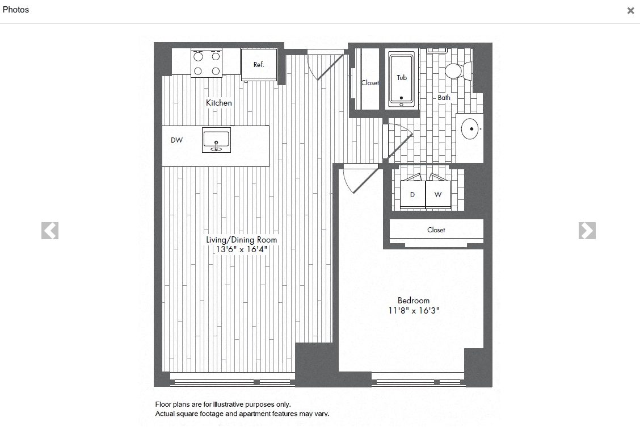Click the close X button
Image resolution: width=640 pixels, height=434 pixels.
click(x=630, y=11)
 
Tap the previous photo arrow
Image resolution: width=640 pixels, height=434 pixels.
click(x=50, y=231)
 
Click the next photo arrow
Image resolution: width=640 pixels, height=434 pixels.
click(x=587, y=231)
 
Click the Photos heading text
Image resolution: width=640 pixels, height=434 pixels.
click(x=16, y=10)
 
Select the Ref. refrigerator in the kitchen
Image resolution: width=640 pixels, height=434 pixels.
click(x=259, y=64)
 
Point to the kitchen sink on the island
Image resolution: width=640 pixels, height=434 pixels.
click(x=216, y=140)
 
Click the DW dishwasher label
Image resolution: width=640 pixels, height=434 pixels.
click(x=177, y=140)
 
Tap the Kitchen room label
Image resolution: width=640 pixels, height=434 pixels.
click(x=219, y=103)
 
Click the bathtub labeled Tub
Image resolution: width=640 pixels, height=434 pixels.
click(x=402, y=79)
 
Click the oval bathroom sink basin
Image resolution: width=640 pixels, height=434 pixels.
click(x=470, y=129)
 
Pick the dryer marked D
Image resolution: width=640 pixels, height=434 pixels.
click(x=412, y=195)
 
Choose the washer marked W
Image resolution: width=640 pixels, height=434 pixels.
click(x=438, y=195)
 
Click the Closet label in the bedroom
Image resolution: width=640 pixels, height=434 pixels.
click(x=436, y=230)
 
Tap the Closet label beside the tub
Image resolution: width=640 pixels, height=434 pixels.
click(x=370, y=83)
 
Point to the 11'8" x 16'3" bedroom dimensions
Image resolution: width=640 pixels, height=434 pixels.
click(x=414, y=311)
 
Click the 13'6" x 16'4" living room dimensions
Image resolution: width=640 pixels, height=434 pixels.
click(x=241, y=249)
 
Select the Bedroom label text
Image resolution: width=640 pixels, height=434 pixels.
click(x=414, y=301)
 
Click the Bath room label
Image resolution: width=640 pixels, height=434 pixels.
click(x=444, y=98)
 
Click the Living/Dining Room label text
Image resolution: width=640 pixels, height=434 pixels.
click(x=241, y=240)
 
